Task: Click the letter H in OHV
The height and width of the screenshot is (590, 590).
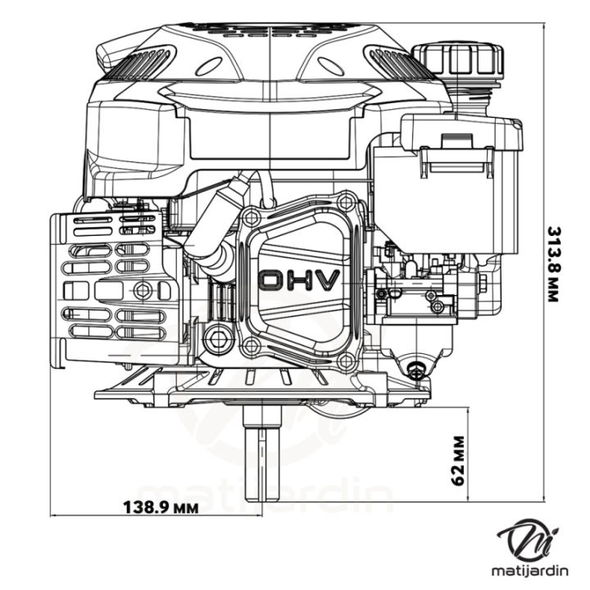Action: pyautogui.click(x=300, y=280)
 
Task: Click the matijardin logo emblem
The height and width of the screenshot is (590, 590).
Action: pyautogui.click(x=530, y=539)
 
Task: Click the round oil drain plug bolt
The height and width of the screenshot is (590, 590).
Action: pyautogui.click(x=217, y=337)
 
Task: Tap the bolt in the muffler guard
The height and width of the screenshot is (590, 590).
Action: pyautogui.click(x=144, y=289)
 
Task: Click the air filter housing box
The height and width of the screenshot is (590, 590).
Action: pyautogui.click(x=459, y=188)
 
